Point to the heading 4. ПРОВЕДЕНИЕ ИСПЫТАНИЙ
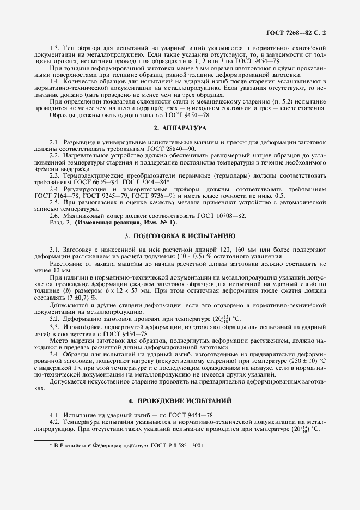(180, 400)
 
